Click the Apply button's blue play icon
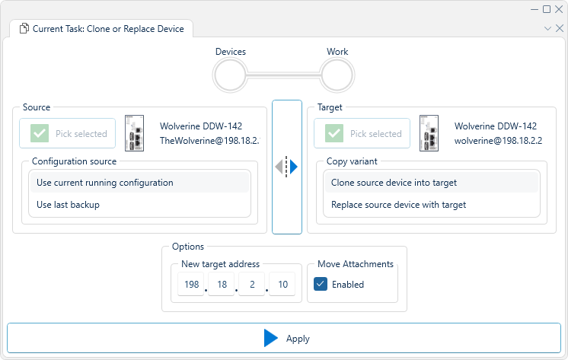(x=271, y=339)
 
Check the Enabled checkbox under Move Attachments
(x=321, y=284)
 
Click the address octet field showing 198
(x=191, y=284)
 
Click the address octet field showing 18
(x=222, y=284)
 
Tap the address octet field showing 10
(x=282, y=284)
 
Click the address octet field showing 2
(x=251, y=284)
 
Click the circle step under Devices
(x=230, y=75)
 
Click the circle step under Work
(x=337, y=75)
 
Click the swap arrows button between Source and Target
(x=286, y=167)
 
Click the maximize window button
(x=547, y=9)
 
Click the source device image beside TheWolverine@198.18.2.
(x=135, y=133)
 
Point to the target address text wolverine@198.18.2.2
(x=498, y=141)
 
